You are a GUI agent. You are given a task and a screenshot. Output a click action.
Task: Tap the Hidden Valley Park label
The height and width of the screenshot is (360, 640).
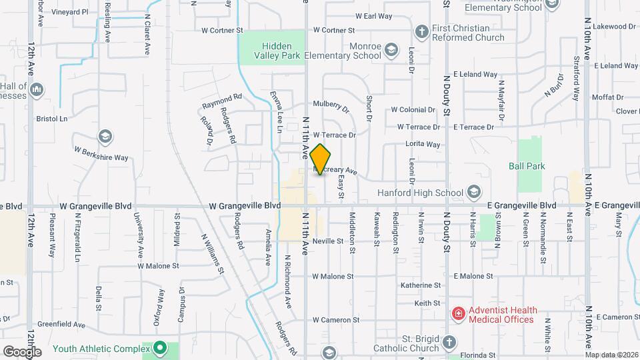(272, 51)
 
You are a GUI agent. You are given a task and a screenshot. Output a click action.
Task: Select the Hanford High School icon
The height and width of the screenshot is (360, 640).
(474, 193)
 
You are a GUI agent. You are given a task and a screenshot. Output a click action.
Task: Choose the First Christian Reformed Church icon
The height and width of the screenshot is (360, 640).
(421, 31)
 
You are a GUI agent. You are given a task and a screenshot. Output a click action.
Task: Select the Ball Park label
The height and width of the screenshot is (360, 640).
(527, 165)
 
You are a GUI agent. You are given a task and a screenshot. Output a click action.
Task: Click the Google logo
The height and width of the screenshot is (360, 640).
(22, 351)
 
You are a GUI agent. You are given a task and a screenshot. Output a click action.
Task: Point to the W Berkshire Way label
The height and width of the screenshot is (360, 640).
(101, 154)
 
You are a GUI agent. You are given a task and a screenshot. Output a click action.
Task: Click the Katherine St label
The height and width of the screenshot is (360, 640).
(421, 285)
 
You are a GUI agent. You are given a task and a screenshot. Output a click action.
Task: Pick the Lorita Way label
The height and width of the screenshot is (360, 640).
(423, 144)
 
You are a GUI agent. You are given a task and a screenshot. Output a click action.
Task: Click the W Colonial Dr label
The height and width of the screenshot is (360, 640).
(413, 109)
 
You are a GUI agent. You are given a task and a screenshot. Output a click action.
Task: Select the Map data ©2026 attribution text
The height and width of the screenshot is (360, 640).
(612, 354)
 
